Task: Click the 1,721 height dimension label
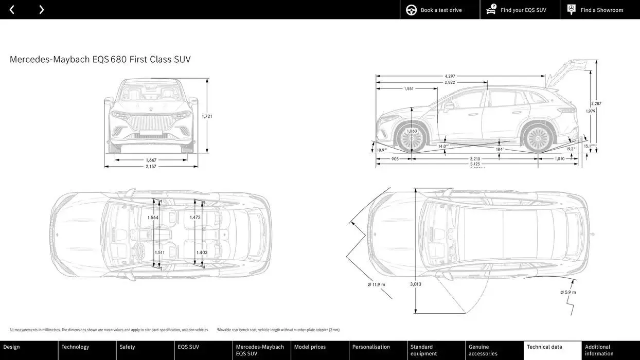pos(207,116)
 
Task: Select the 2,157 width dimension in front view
pos(151,167)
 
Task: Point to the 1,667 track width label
pos(151,160)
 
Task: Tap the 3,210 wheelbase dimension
pos(475,159)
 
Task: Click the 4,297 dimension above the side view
pos(450,76)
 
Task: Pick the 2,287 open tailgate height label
pos(596,103)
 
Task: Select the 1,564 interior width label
pos(153,218)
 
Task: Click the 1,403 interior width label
pos(202,253)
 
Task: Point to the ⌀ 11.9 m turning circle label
pos(376,284)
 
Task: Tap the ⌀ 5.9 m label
pos(568,292)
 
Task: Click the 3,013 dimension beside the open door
pos(415,284)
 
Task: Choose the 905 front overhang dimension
pos(395,159)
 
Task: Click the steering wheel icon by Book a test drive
pos(411,10)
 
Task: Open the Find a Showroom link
pos(601,10)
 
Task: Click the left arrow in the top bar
pos(12,10)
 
